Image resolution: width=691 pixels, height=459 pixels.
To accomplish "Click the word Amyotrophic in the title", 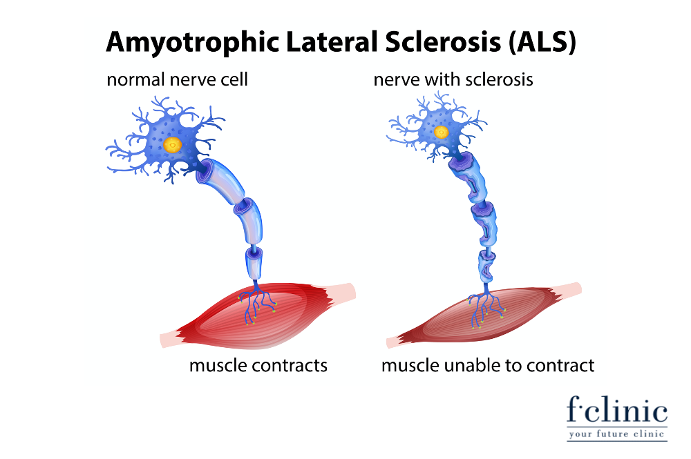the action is tap(193, 43).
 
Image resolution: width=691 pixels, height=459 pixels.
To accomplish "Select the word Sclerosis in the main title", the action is tap(443, 42).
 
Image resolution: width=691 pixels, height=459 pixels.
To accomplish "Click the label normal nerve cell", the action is tap(177, 79).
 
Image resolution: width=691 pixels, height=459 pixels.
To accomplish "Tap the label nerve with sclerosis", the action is tap(453, 79).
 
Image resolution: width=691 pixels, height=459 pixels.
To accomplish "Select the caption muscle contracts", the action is tap(258, 365).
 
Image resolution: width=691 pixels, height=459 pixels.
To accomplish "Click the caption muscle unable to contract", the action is tap(488, 365).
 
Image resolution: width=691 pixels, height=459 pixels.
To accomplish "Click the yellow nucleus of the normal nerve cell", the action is tap(172, 144).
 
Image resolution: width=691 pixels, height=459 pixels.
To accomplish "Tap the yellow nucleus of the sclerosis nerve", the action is tap(441, 132).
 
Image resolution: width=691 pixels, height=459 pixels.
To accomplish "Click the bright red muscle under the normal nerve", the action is tap(258, 315).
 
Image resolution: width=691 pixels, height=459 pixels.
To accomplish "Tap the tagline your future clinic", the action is tap(616, 434).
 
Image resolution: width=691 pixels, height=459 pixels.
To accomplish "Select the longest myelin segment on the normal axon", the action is tap(219, 180).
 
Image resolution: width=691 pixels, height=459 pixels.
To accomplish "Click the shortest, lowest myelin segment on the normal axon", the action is tap(254, 262).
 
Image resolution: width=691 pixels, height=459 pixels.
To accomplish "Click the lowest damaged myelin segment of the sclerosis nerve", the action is tap(486, 266).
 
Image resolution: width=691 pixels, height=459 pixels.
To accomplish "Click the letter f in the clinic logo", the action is tap(574, 409).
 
